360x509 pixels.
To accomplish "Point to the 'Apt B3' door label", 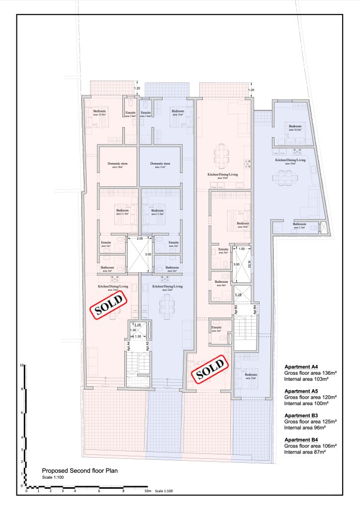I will [236, 311].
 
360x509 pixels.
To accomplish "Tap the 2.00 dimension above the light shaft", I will [139, 239].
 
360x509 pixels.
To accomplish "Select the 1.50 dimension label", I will [242, 249].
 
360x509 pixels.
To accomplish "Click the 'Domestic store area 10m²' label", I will [118, 165].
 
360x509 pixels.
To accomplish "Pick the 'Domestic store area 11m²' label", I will [160, 165].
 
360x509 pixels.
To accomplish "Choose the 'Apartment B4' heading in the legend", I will [301, 440].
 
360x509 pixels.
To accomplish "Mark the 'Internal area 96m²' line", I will [305, 427].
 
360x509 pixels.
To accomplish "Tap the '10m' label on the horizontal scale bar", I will [148, 491].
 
